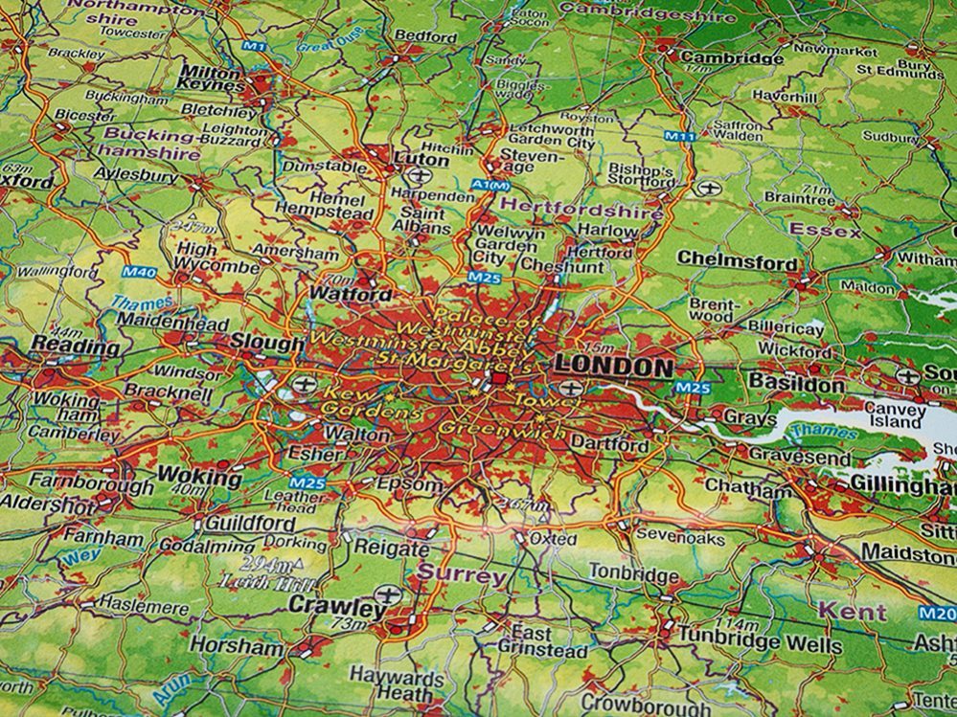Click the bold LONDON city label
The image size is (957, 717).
614,367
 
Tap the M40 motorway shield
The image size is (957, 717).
141,273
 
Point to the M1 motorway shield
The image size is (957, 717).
254,46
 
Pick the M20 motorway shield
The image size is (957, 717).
936,614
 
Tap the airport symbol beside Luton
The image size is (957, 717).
419,175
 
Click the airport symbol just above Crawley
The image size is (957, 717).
386,594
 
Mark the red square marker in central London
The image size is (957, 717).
498,381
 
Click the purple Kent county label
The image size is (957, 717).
852,611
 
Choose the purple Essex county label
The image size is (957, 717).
825,230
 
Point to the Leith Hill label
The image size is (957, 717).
256,581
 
